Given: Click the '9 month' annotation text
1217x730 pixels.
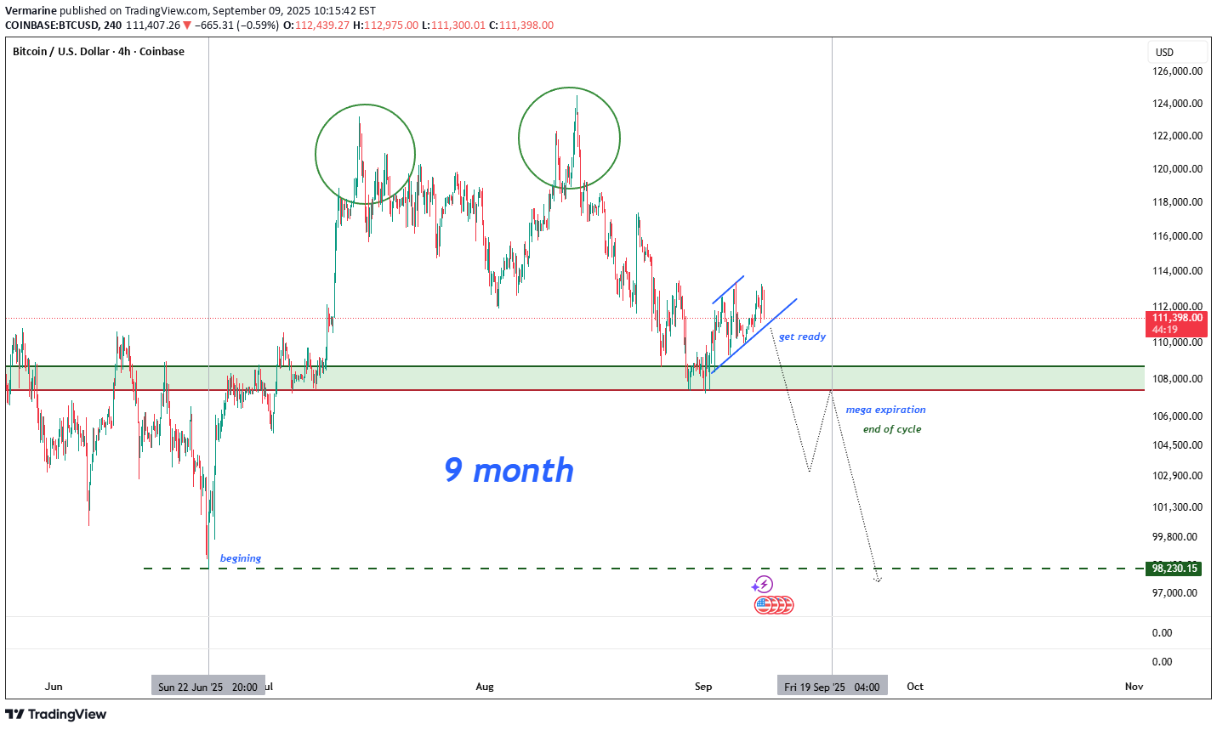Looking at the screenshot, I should click(x=509, y=470).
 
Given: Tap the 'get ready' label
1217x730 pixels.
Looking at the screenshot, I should click(x=802, y=337).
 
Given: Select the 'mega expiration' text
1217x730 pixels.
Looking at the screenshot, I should click(x=885, y=410).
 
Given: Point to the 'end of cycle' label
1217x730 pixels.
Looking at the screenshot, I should click(x=891, y=429).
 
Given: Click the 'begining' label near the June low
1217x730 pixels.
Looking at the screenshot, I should click(x=241, y=558).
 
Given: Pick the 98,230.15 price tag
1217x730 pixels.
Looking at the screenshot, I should click(x=1174, y=569).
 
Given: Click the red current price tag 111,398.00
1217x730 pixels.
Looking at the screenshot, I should click(x=1177, y=318).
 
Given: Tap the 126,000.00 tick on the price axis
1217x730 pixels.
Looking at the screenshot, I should click(x=1177, y=71).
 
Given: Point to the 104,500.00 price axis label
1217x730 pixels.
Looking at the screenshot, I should click(x=1177, y=445).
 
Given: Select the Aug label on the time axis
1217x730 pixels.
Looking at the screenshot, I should click(x=485, y=687).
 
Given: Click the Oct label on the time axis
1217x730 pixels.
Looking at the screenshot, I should click(x=915, y=687).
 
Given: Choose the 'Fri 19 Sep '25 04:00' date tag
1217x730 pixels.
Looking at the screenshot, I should click(x=832, y=687).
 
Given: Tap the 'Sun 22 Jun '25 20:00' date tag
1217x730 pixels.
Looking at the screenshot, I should click(x=208, y=687).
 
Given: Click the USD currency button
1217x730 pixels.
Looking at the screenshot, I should click(x=1164, y=52).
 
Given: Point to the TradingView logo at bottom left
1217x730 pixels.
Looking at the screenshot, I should click(x=56, y=714).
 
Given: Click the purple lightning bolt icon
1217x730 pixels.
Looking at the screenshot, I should click(x=764, y=585).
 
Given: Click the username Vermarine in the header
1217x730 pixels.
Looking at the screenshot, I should click(x=31, y=11).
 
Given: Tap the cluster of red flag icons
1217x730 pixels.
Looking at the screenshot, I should click(x=774, y=605).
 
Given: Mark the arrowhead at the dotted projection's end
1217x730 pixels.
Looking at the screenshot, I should click(x=878, y=580).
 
